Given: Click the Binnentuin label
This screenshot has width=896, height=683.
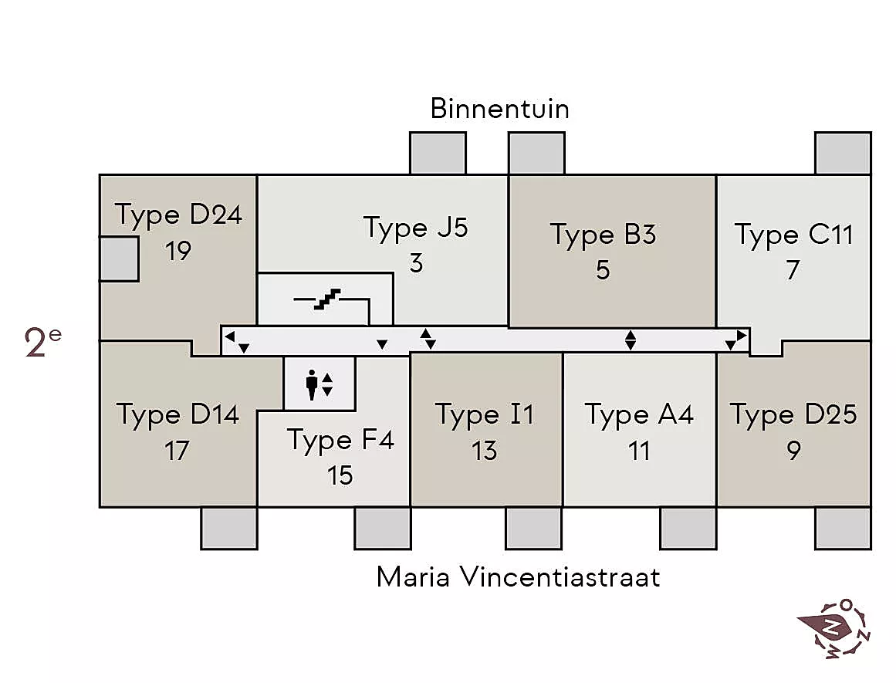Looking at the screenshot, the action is tap(499, 109).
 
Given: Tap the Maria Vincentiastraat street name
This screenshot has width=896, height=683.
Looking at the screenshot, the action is tap(518, 576).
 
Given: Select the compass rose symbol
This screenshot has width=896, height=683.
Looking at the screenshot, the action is tap(833, 628).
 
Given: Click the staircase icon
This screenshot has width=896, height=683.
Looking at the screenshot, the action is tap(327, 299).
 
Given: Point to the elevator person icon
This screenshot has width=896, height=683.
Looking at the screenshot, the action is tap(312, 384).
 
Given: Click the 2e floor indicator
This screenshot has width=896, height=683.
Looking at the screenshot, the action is tap(42, 343).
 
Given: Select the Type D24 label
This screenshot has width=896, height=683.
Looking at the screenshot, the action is tap(178, 215).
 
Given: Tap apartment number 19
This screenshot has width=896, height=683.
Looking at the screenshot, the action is tap(178, 251).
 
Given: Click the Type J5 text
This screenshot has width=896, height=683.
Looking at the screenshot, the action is tap(415, 228).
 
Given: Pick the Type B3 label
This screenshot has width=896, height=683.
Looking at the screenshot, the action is tap(603, 235).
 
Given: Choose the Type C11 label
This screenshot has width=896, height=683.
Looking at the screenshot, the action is tap(793, 235).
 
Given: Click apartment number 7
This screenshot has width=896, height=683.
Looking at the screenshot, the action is tap(793, 270).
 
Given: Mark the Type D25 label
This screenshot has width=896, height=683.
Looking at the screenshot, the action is tap(793, 415).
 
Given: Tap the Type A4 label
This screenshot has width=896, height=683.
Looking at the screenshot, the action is tap(639, 415).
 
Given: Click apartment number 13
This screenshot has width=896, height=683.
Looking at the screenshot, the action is tap(484, 451).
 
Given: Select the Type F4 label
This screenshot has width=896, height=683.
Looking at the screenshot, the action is tap(340, 440).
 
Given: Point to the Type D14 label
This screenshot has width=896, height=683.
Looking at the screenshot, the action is tap(178, 415).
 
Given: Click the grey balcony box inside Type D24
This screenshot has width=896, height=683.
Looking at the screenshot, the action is tap(119, 259).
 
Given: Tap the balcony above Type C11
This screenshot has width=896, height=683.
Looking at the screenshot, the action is tap(843, 153).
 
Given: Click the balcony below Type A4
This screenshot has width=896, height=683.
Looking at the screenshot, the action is tap(688, 529).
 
